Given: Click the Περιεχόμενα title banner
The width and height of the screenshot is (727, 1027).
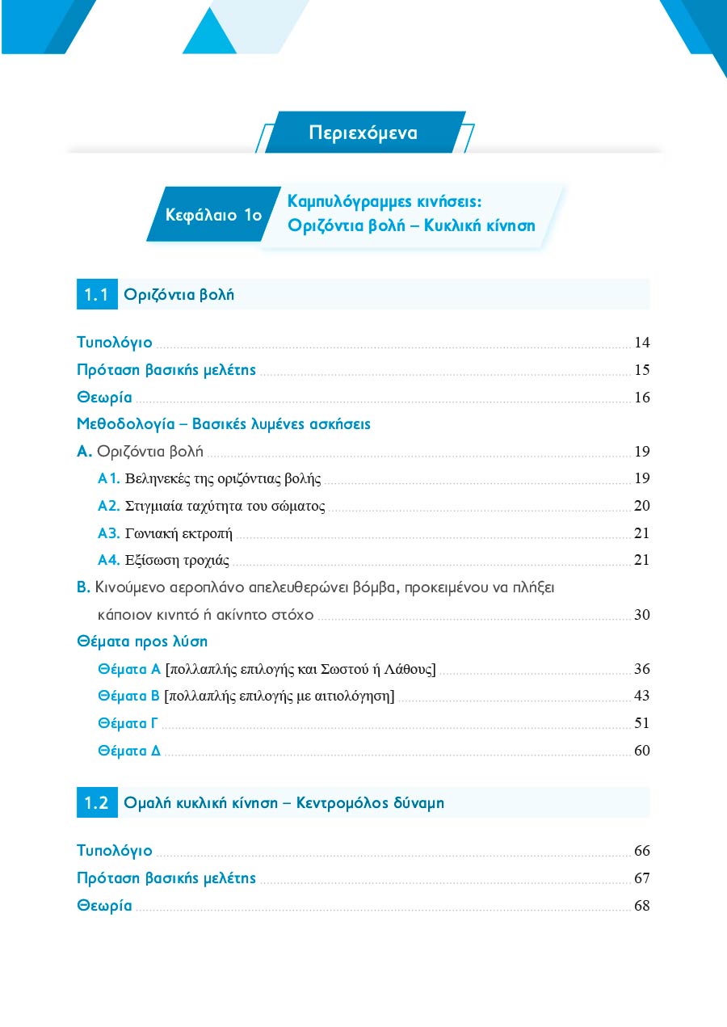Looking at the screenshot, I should click(363, 133).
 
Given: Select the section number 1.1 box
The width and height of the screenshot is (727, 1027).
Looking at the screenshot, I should click(96, 295).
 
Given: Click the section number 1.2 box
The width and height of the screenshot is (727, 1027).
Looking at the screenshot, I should click(96, 803).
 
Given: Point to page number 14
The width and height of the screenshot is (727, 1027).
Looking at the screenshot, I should click(642, 343).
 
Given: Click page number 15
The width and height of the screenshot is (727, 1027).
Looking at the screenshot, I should click(642, 371).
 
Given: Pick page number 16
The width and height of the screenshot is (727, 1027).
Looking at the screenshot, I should click(642, 398).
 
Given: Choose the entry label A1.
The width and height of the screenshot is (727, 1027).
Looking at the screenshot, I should click(108, 479).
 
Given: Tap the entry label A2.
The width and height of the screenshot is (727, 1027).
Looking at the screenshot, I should click(108, 507).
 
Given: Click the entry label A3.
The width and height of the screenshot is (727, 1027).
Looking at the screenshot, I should click(108, 533).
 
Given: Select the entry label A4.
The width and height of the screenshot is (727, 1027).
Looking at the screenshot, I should click(108, 560).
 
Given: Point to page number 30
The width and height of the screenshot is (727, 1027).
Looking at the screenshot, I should click(642, 615).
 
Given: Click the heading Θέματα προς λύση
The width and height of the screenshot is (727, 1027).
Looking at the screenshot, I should click(142, 642).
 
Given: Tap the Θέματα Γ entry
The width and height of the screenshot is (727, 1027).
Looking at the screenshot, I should click(128, 723).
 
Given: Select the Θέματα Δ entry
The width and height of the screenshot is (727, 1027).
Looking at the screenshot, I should click(128, 751).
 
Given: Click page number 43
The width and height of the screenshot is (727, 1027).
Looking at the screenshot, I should click(642, 696).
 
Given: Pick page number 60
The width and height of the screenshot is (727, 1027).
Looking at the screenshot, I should click(642, 751).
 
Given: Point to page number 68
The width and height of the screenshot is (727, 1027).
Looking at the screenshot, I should click(642, 906).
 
